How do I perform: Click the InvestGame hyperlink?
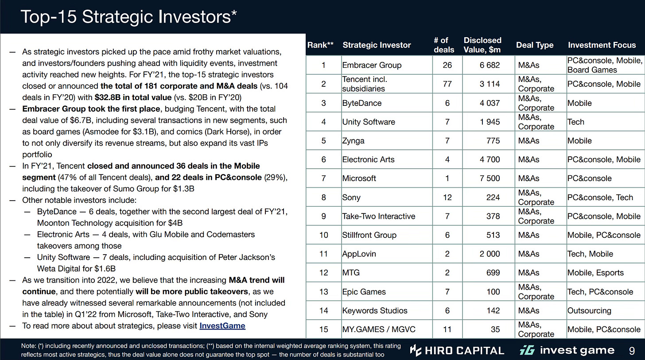[x=222, y=326]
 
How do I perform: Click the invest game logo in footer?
[x=567, y=351]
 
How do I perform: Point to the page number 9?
[x=631, y=351]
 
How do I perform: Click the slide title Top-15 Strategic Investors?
[x=129, y=17]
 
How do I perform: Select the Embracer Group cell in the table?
[x=372, y=65]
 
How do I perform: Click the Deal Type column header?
[x=535, y=45]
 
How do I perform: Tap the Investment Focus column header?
[x=602, y=45]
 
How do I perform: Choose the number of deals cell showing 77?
[x=447, y=84]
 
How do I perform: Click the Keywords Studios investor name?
[x=375, y=311]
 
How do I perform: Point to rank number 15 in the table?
[x=323, y=329]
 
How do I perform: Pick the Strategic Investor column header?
[x=377, y=45]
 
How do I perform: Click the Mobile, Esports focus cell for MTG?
[x=595, y=273]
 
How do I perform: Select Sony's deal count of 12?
[x=447, y=197]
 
